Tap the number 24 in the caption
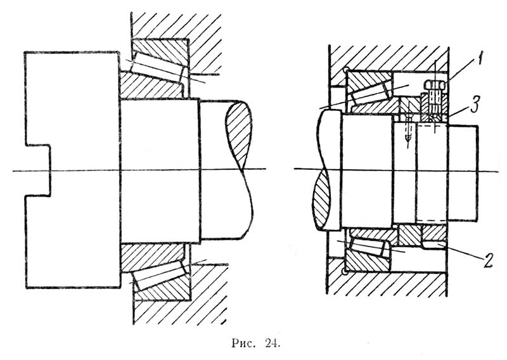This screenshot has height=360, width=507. point(270,345)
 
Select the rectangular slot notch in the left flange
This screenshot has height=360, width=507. point(37,170)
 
